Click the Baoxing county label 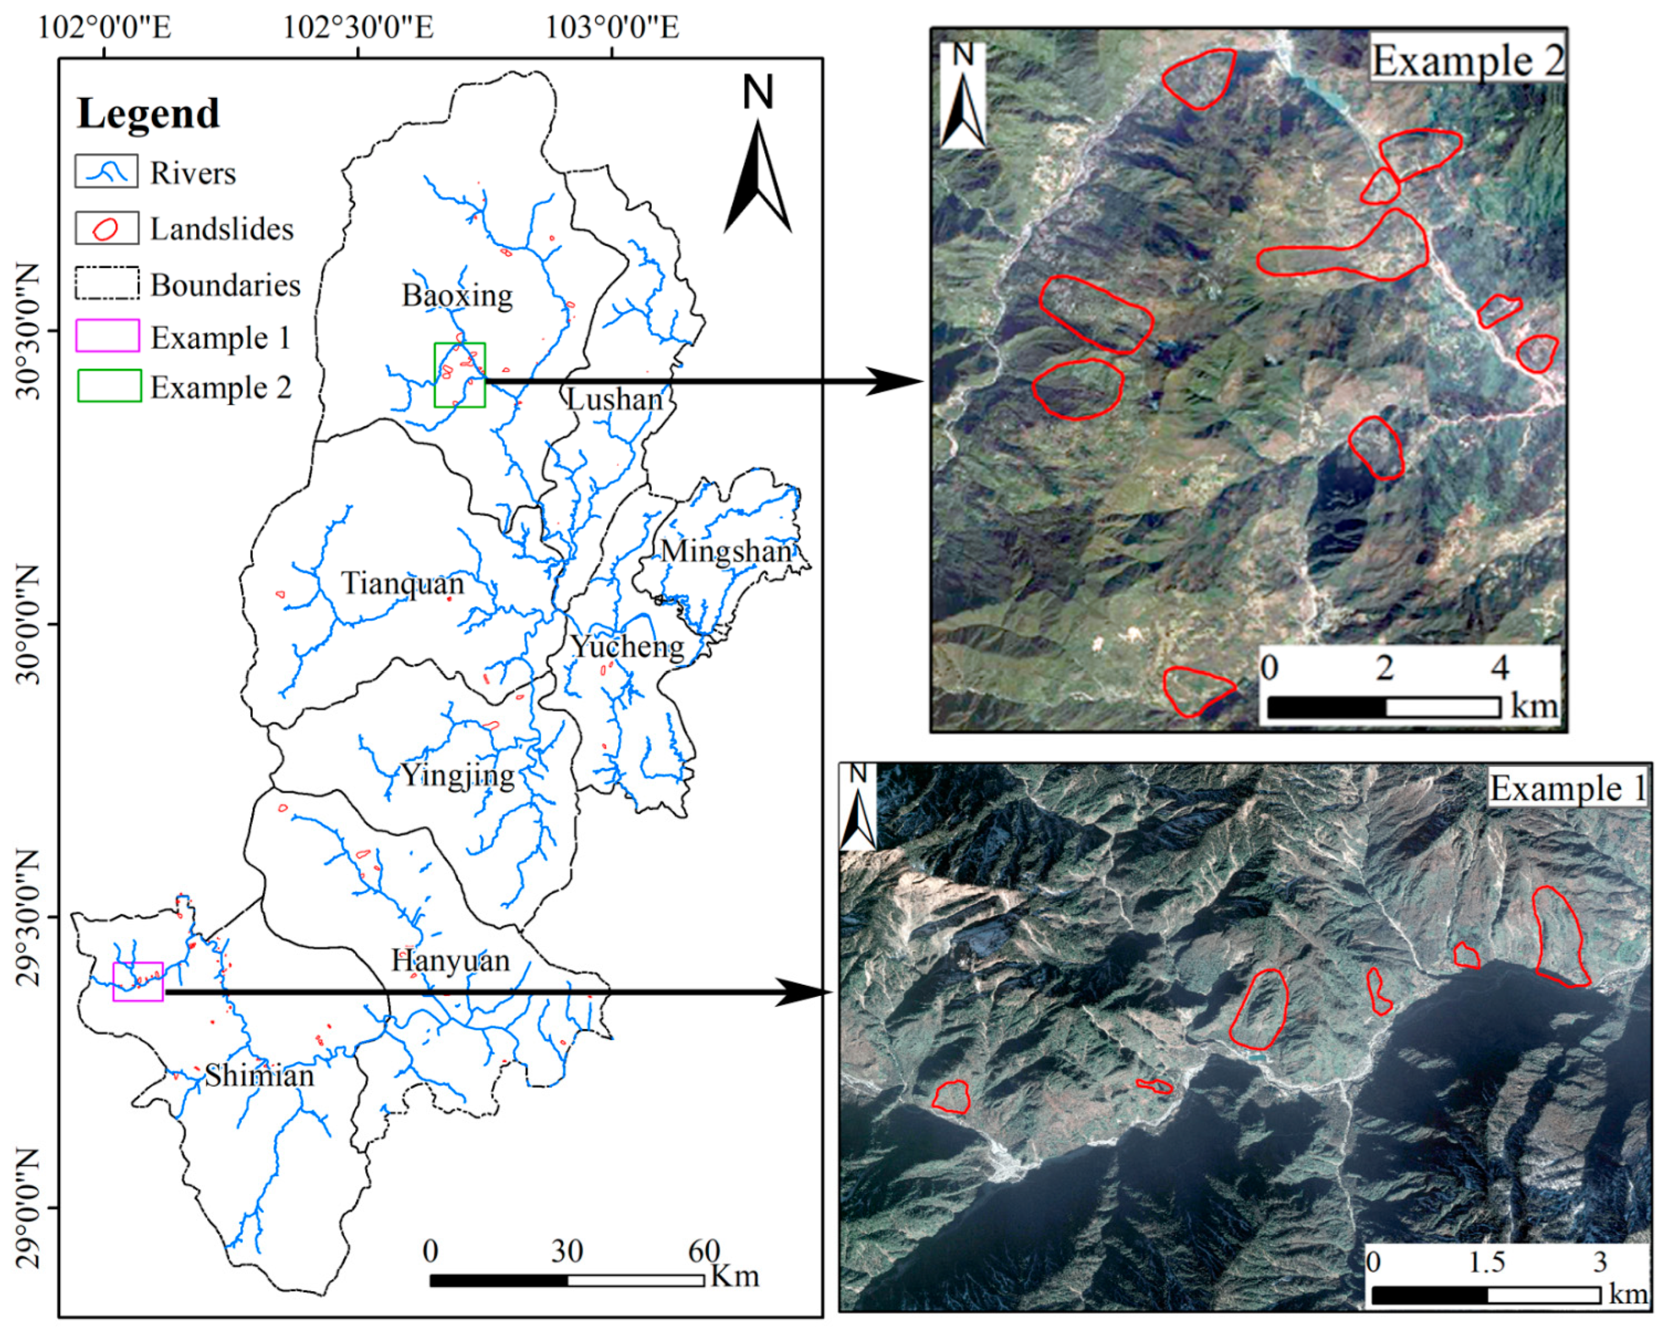point(457,295)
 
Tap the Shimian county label point(259,1075)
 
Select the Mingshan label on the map point(726,551)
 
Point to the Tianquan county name point(403,583)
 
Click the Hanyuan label point(451,961)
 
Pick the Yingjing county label point(457,775)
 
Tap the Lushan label point(615,399)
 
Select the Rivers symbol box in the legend point(106,171)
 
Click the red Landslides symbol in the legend point(106,228)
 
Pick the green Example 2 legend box point(109,386)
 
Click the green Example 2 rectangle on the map point(460,375)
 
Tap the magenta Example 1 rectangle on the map point(138,981)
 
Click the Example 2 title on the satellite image point(1467,60)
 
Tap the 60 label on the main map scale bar point(703,1250)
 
